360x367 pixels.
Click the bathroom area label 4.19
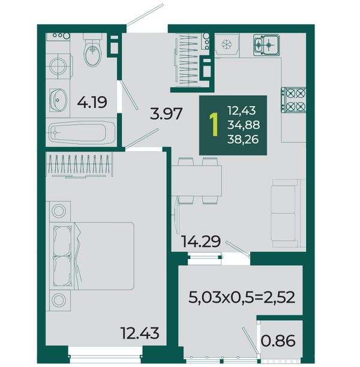(x=92, y=102)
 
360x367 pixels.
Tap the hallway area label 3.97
(x=166, y=113)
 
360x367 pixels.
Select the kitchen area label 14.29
(x=201, y=241)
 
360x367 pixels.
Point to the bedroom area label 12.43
(x=140, y=333)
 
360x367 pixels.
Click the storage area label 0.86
(x=278, y=341)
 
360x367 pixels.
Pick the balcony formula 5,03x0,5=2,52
(x=241, y=297)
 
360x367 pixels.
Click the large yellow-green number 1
(x=214, y=125)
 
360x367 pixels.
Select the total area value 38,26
(x=243, y=139)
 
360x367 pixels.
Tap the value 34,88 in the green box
(x=244, y=125)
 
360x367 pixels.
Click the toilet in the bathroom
(x=93, y=50)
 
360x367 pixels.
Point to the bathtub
(x=82, y=133)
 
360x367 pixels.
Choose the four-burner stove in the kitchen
(x=293, y=100)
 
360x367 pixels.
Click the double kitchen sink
(x=266, y=45)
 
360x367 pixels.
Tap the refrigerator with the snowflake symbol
(x=227, y=45)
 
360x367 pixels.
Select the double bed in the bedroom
(x=92, y=256)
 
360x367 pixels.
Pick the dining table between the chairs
(x=197, y=181)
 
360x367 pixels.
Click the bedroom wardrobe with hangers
(x=79, y=164)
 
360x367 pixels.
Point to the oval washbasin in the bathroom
(x=58, y=100)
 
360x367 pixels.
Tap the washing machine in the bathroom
(x=58, y=66)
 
